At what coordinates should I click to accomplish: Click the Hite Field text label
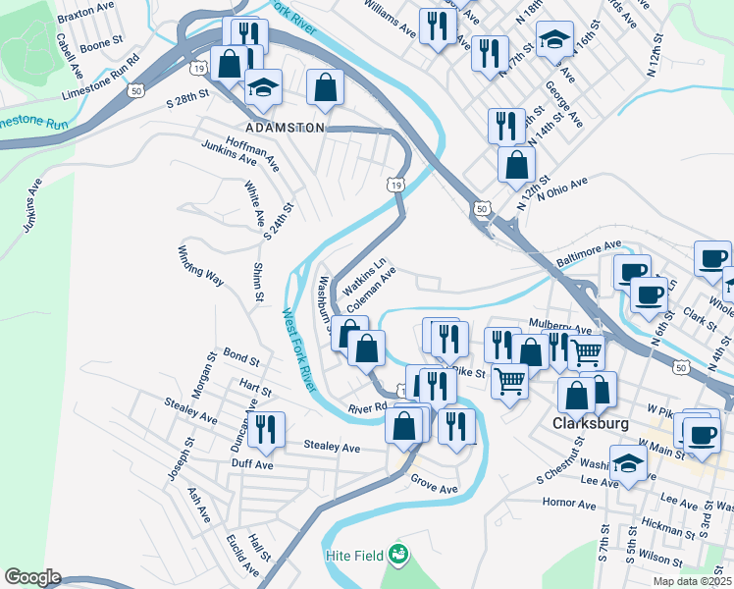point(354,557)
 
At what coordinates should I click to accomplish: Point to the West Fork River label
point(298,350)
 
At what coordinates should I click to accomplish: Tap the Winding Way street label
point(201,266)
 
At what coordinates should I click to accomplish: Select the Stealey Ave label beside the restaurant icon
point(332,448)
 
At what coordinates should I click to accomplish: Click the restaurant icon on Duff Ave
point(265,428)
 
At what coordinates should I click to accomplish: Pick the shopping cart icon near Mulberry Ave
point(587,350)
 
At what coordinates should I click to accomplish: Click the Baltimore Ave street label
point(589,255)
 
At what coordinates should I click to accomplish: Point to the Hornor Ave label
point(568,505)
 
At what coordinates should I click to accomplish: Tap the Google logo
point(32,577)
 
